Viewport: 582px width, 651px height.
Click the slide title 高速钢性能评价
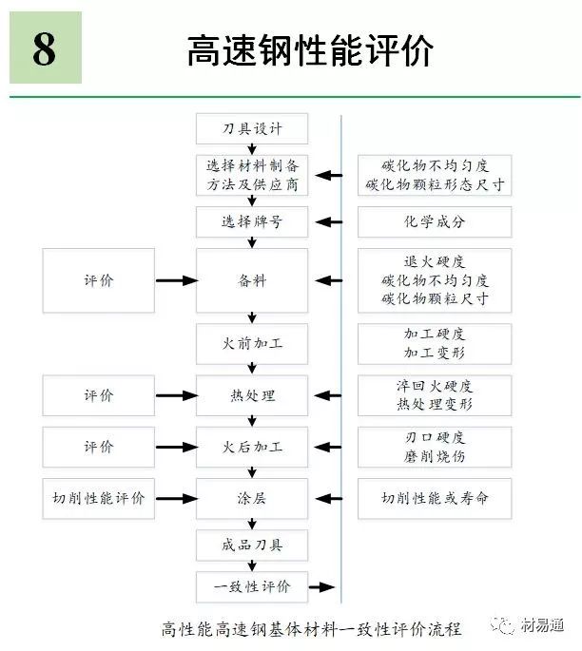click(x=310, y=50)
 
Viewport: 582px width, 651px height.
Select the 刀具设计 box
click(x=252, y=128)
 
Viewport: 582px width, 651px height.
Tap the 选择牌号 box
click(x=252, y=222)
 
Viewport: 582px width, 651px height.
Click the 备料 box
click(x=252, y=280)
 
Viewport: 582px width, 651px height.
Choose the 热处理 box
click(x=252, y=394)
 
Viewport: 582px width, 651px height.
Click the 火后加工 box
click(x=252, y=447)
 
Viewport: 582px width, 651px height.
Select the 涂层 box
click(x=252, y=498)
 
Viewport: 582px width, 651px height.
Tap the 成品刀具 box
click(x=252, y=545)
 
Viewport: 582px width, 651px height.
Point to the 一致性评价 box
click(x=252, y=586)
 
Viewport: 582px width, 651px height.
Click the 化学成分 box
click(x=435, y=222)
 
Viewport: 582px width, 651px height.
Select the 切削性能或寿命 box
click(x=435, y=498)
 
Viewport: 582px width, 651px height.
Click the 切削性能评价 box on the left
click(x=99, y=498)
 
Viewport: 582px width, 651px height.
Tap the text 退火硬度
click(x=435, y=262)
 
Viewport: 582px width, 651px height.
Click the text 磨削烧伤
click(x=435, y=456)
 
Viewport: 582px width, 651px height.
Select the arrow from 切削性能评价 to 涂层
click(x=176, y=498)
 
